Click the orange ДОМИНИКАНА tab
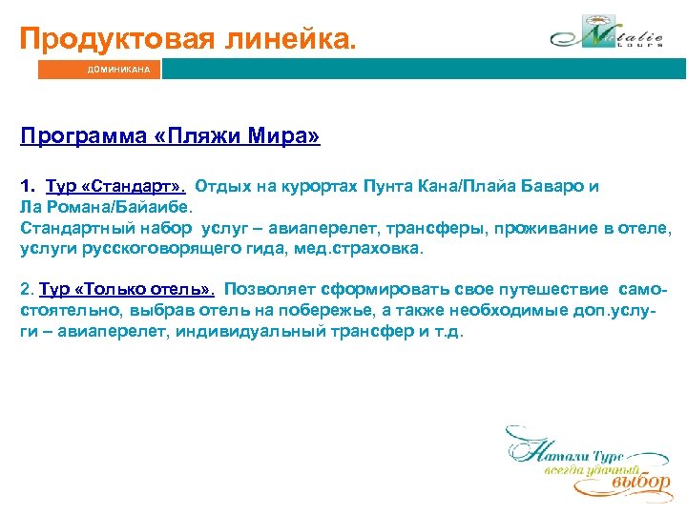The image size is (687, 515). (99, 70)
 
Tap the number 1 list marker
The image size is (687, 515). (26, 186)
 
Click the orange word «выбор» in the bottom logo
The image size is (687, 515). (640, 483)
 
